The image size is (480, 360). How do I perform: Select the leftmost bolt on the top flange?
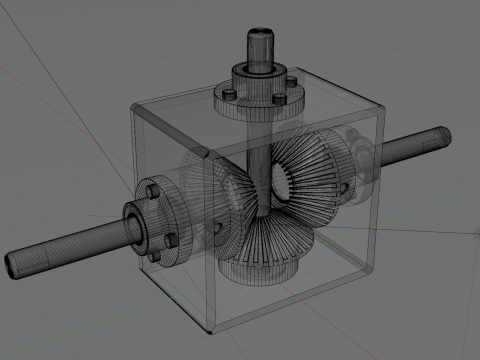click(230, 92)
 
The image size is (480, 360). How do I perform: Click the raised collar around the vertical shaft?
click(258, 74)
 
